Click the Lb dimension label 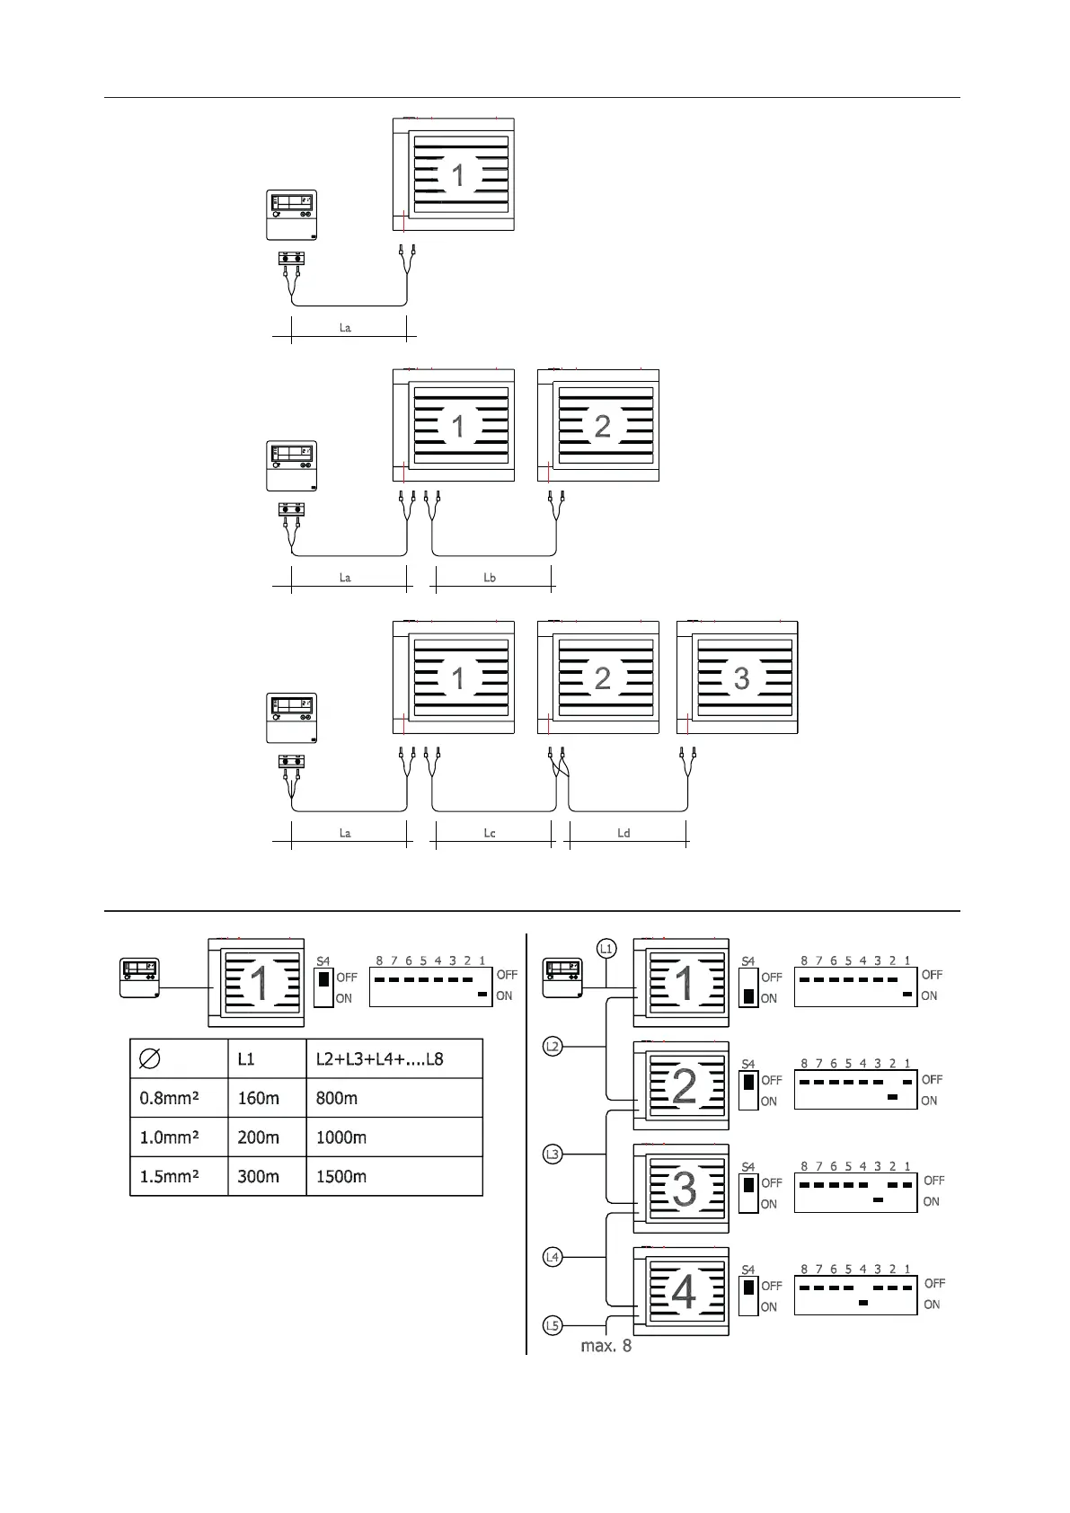tap(490, 578)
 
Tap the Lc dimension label tap(490, 833)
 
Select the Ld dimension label tap(623, 833)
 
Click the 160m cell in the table tap(258, 1098)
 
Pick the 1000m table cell tap(341, 1137)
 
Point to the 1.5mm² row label tap(170, 1176)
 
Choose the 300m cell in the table tap(258, 1176)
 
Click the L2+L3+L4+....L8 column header tap(379, 1058)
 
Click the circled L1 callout tap(607, 948)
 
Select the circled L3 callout tap(553, 1154)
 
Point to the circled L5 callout tap(553, 1325)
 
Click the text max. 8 tap(606, 1346)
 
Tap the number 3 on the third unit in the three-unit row tap(741, 678)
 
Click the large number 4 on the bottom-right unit tap(684, 1293)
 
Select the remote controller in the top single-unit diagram tap(292, 215)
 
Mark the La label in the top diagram tap(345, 328)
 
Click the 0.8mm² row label tap(170, 1098)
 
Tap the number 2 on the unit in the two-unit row tap(603, 426)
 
